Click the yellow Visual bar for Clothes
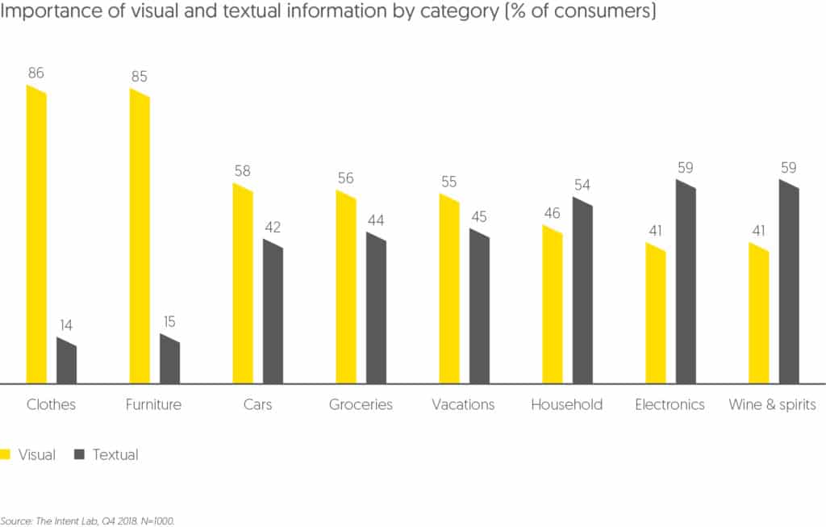(36, 234)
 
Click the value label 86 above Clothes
(35, 73)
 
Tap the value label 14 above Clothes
(67, 325)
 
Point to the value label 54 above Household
(582, 185)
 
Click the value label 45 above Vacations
(479, 217)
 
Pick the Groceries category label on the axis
(361, 404)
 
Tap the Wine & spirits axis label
(772, 404)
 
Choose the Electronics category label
(670, 404)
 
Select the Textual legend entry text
(115, 454)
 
